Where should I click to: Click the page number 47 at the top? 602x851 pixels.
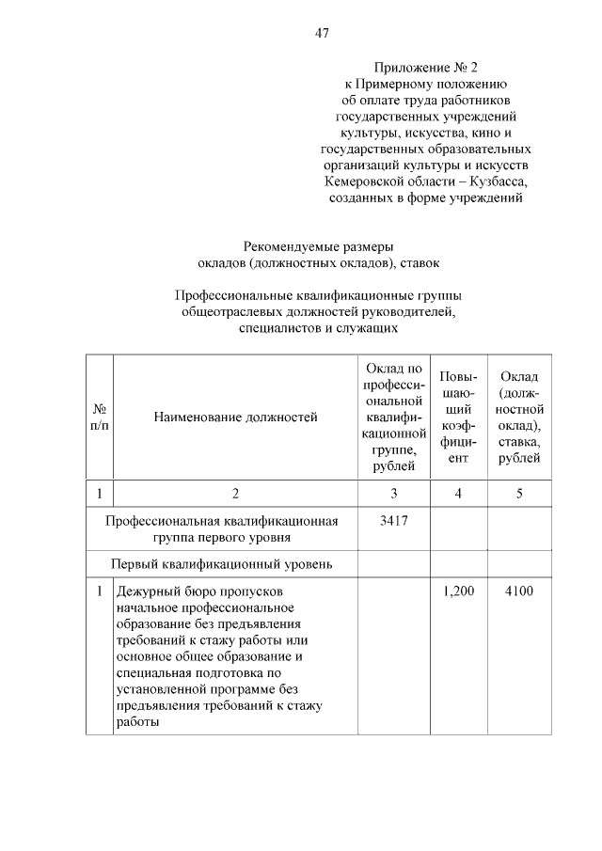coord(321,34)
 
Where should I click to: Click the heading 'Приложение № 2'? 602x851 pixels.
coord(426,68)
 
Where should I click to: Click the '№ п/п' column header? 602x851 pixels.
coord(99,418)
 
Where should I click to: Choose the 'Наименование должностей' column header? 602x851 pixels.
coord(236,417)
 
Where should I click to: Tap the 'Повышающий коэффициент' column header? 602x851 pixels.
coord(457,417)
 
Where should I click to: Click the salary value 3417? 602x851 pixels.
coord(394,521)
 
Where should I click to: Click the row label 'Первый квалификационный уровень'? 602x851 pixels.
coord(222,564)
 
